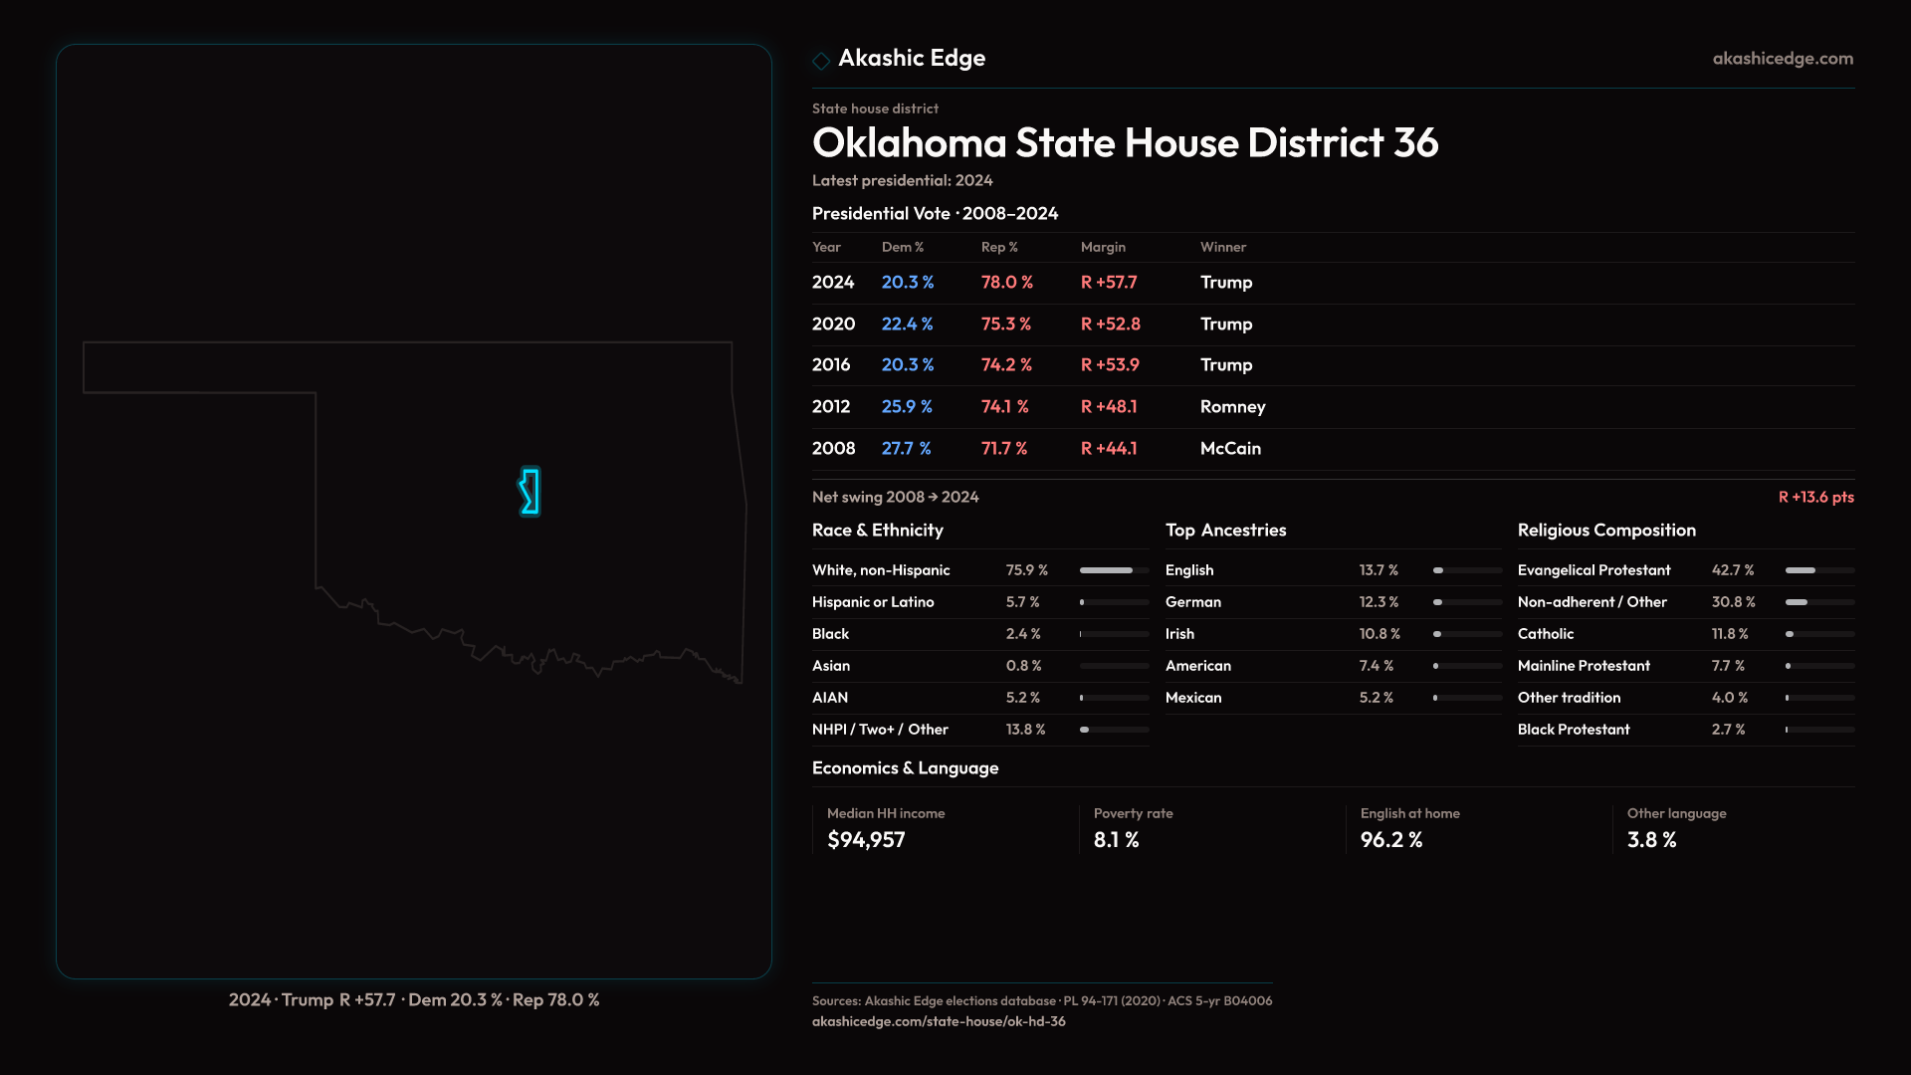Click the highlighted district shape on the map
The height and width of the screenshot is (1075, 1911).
pyautogui.click(x=531, y=492)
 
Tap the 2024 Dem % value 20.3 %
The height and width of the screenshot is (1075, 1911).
pyautogui.click(x=907, y=283)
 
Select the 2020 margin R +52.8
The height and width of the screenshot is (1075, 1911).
pyautogui.click(x=1110, y=324)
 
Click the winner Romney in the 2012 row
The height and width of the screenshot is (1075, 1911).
pyautogui.click(x=1232, y=407)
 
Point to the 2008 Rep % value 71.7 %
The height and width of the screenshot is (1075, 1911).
pyautogui.click(x=1003, y=449)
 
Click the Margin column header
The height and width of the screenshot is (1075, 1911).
pyautogui.click(x=1103, y=247)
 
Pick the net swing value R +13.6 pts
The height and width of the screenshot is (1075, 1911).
pyautogui.click(x=1815, y=497)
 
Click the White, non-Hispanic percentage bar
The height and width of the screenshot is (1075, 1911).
pyautogui.click(x=1114, y=570)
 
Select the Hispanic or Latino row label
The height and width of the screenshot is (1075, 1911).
pyautogui.click(x=872, y=602)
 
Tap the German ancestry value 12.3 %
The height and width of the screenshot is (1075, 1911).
pyautogui.click(x=1379, y=602)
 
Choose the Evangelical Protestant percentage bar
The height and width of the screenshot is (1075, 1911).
pyautogui.click(x=1819, y=570)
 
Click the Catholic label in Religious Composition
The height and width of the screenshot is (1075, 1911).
pyautogui.click(x=1545, y=634)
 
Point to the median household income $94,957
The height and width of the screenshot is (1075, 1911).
pyautogui.click(x=866, y=840)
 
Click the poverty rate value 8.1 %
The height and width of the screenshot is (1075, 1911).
pyautogui.click(x=1116, y=840)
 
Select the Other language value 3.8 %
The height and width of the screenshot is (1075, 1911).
pyautogui.click(x=1651, y=840)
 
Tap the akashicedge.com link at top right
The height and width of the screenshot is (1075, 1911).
pyautogui.click(x=1783, y=59)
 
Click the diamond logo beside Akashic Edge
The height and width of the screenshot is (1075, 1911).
pyautogui.click(x=821, y=61)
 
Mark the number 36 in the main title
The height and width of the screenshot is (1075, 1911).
pyautogui.click(x=1415, y=143)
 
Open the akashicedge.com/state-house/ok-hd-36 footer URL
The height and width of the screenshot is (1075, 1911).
pyautogui.click(x=938, y=1021)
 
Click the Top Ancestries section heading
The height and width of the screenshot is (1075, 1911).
pyautogui.click(x=1225, y=531)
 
